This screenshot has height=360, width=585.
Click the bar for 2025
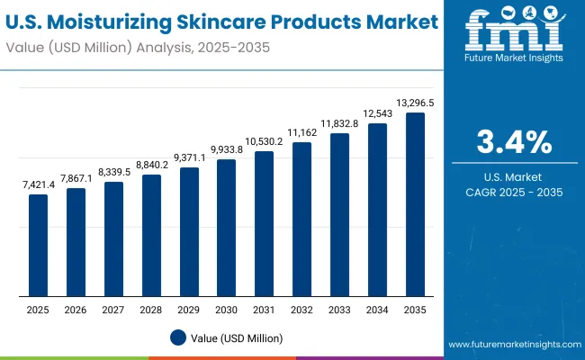[38, 246]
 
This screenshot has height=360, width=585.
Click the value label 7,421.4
[38, 184]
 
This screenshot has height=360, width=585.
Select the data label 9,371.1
[189, 157]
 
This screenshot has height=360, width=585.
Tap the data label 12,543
[377, 112]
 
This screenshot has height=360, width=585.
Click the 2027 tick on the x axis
[113, 310]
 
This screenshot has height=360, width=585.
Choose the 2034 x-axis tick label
[377, 310]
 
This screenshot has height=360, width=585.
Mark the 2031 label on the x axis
[264, 310]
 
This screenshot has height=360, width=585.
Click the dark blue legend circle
[177, 337]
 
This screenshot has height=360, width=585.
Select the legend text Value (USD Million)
[237, 337]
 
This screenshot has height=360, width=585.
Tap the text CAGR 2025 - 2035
[514, 192]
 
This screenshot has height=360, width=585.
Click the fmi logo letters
[513, 33]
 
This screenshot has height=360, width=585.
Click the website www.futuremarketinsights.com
[514, 345]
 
